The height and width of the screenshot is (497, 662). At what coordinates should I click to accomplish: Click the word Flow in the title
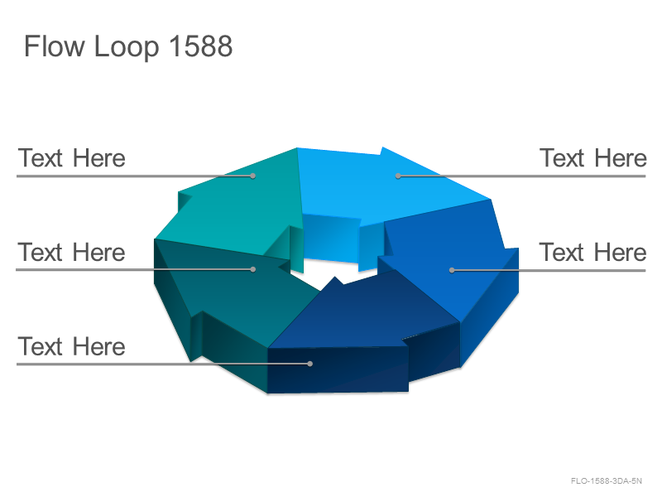click(x=55, y=46)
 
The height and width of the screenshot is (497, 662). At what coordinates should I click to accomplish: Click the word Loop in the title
click(x=127, y=47)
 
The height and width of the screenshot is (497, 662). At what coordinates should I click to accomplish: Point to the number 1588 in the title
click(x=201, y=46)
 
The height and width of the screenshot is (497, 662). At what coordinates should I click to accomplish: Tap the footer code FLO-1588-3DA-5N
click(x=607, y=481)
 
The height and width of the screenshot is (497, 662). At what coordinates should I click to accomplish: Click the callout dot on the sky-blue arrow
click(x=398, y=176)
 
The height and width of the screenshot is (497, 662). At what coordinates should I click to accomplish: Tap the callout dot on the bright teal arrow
click(x=253, y=176)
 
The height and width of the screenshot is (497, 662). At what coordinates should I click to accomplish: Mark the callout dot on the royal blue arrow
click(x=452, y=270)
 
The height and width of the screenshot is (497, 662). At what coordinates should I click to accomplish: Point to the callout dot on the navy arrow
click(x=310, y=364)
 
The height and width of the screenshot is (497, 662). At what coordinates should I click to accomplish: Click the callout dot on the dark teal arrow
click(x=253, y=269)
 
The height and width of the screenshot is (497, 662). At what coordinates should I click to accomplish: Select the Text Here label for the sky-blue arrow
click(x=592, y=158)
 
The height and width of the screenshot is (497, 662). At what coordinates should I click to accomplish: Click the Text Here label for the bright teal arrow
click(x=72, y=158)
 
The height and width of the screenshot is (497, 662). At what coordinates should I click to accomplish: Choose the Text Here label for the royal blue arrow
click(x=592, y=253)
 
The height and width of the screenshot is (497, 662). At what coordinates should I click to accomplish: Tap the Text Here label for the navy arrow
click(x=72, y=346)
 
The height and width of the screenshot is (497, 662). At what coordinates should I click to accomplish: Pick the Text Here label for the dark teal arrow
click(x=72, y=253)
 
